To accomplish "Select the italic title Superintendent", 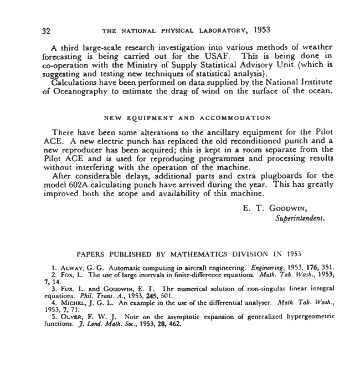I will (300, 218).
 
